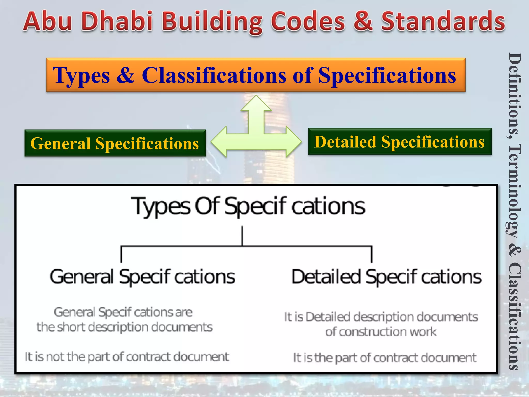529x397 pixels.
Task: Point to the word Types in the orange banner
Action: (81, 76)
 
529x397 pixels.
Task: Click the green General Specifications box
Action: (115, 143)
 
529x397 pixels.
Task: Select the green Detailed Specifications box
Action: (400, 142)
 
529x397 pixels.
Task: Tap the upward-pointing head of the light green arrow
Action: (256, 104)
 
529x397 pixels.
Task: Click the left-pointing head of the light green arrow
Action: (220, 141)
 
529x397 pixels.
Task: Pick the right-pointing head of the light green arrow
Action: (293, 141)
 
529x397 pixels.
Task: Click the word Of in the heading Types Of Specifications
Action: (207, 206)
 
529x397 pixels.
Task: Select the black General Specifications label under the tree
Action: (142, 277)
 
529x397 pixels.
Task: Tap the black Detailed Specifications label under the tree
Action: (386, 277)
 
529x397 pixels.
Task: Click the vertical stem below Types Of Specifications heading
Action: (242, 236)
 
